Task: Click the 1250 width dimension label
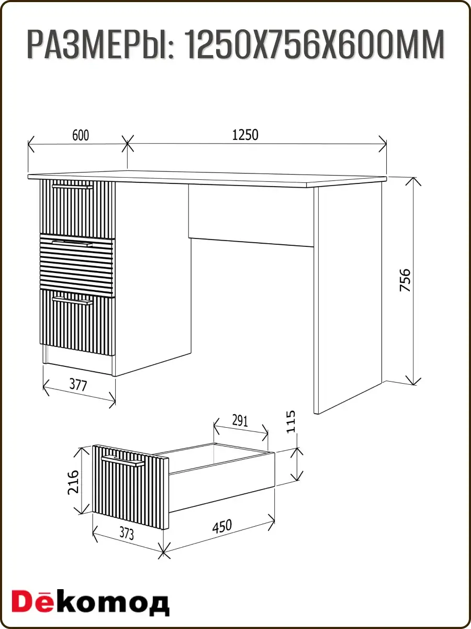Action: pyautogui.click(x=245, y=135)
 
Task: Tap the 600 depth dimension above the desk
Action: pyautogui.click(x=81, y=135)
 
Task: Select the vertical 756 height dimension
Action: pyautogui.click(x=405, y=280)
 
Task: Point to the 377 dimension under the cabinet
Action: pyautogui.click(x=78, y=385)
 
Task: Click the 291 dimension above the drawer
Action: pyautogui.click(x=240, y=421)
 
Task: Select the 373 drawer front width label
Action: pyautogui.click(x=127, y=534)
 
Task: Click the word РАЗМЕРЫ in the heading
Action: pyautogui.click(x=100, y=45)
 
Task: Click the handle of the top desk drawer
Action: pyautogui.click(x=72, y=187)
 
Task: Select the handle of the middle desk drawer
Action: pyautogui.click(x=72, y=243)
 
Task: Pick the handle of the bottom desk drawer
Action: pyautogui.click(x=72, y=300)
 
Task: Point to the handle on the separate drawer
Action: pyautogui.click(x=123, y=461)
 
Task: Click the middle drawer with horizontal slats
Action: pyautogui.click(x=77, y=265)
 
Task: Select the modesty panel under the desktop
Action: pyautogui.click(x=251, y=215)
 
